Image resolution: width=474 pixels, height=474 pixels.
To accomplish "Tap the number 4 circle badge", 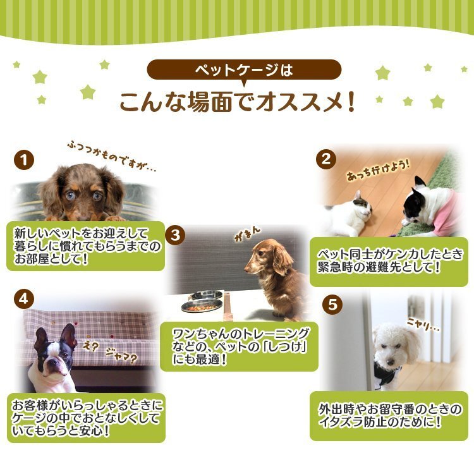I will (x=23, y=300).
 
